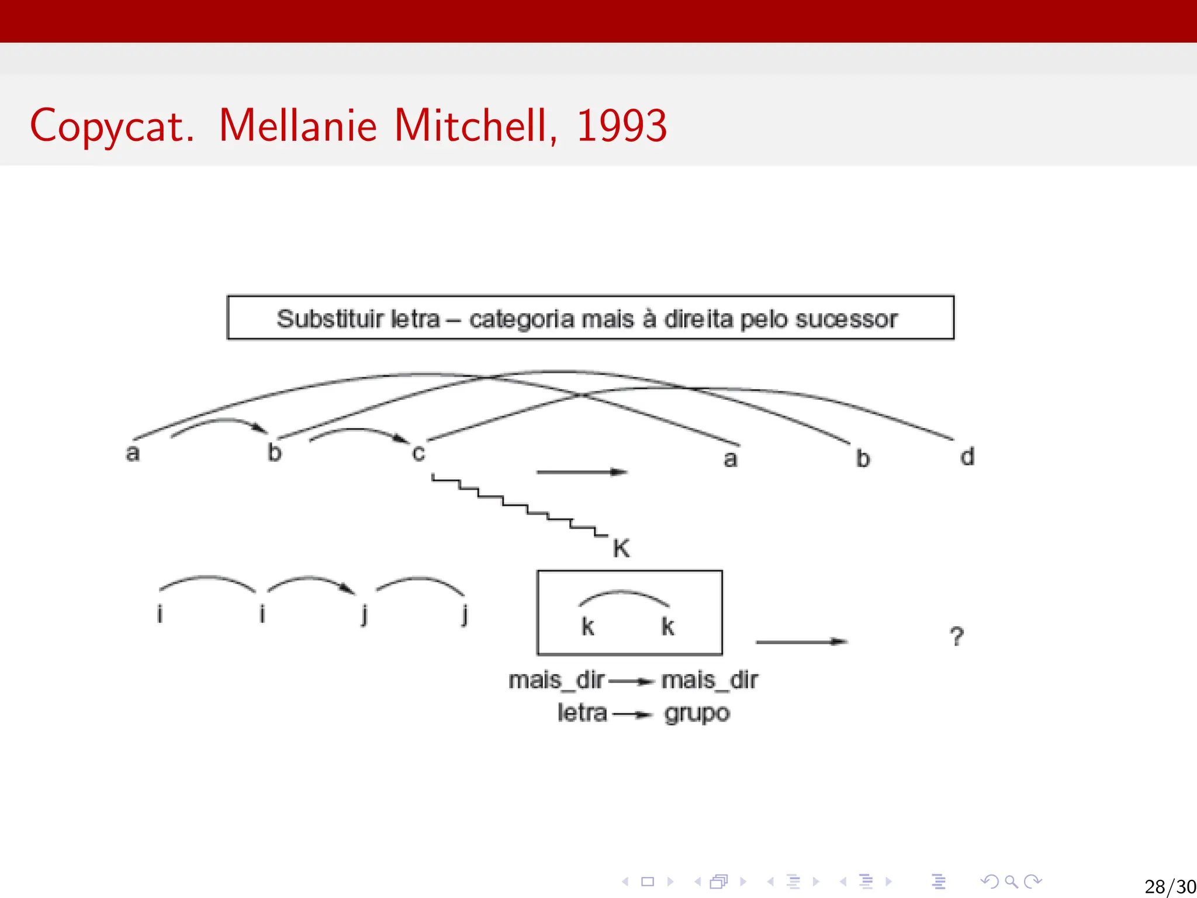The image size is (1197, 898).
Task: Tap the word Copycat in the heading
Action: click(111, 126)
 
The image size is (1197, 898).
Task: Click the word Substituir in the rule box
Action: click(330, 319)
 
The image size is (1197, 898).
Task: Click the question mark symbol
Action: click(956, 637)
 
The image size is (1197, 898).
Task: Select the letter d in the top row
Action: click(967, 457)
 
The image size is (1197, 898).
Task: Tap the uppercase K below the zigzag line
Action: click(621, 548)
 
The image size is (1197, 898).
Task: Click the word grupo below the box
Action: click(697, 714)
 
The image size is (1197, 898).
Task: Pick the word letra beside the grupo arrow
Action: click(582, 713)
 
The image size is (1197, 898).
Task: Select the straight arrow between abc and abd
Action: click(582, 472)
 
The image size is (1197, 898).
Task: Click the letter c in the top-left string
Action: click(418, 453)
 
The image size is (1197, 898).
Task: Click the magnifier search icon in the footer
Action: click(1011, 881)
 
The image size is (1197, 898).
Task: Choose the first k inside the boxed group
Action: click(588, 626)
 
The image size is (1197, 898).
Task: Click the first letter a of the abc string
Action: click(133, 453)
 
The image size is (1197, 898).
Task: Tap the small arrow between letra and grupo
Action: click(632, 714)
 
